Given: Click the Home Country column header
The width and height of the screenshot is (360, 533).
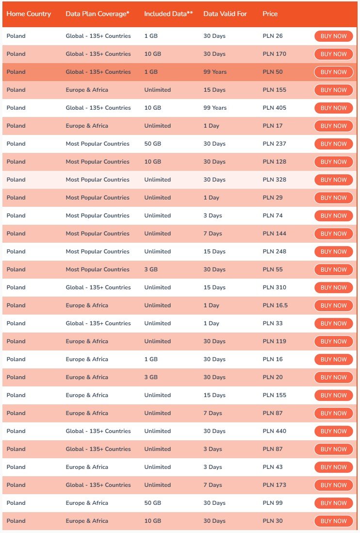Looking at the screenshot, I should (29, 14).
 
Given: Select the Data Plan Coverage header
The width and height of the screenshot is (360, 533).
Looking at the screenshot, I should (98, 14).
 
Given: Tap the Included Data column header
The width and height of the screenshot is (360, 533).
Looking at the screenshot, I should (168, 14).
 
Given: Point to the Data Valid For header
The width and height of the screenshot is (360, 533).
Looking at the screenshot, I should (225, 14).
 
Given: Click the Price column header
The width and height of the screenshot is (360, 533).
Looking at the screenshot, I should (270, 14).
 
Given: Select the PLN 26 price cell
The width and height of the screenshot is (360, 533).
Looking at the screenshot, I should (273, 36).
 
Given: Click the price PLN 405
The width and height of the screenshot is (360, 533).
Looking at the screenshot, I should (274, 108).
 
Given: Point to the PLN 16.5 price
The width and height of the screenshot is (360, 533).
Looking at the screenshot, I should (275, 305).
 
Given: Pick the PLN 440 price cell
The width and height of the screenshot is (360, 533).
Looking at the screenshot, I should (274, 431).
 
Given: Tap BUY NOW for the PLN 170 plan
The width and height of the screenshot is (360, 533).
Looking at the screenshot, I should (333, 54).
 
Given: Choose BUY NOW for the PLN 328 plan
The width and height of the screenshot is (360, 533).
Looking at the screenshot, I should (333, 180).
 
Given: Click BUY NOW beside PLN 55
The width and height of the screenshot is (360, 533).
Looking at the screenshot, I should (333, 269).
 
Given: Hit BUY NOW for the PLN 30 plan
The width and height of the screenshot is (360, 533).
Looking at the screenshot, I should (333, 521).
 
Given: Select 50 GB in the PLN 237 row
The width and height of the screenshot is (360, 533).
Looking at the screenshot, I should (152, 144).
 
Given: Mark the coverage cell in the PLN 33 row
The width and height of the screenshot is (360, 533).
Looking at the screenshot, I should (98, 323).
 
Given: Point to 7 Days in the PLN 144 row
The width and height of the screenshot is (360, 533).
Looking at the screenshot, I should (213, 233).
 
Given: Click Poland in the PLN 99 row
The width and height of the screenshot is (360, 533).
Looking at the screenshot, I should (16, 503).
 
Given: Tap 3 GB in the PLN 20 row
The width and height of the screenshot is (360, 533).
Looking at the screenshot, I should (151, 377).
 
